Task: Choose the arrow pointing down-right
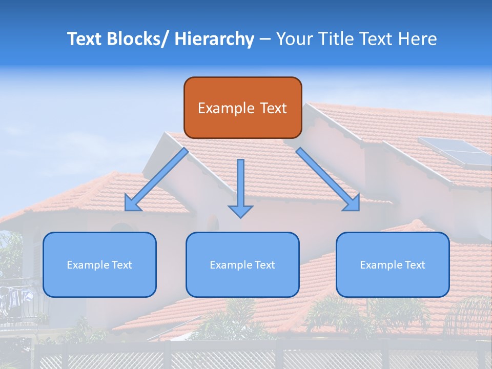click(328, 180)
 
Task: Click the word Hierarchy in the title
click(214, 39)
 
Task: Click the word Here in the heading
click(418, 39)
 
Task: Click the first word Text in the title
click(85, 39)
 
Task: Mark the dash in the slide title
click(265, 39)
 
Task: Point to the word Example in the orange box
click(225, 108)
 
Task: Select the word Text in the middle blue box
click(264, 265)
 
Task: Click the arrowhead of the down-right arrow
click(352, 203)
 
